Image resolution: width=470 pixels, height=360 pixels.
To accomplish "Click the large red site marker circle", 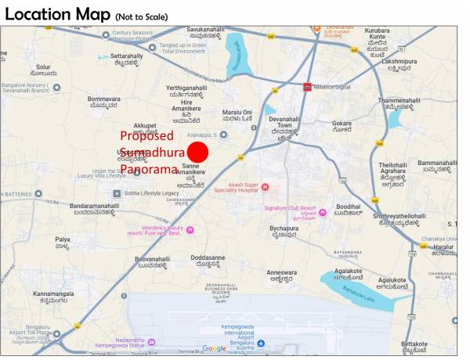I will pos(198,152).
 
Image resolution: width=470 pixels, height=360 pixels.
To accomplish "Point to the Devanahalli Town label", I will pos(284,124).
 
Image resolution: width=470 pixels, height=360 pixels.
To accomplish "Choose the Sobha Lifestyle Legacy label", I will pos(153,193).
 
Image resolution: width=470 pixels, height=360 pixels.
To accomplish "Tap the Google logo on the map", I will pos(214,348).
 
